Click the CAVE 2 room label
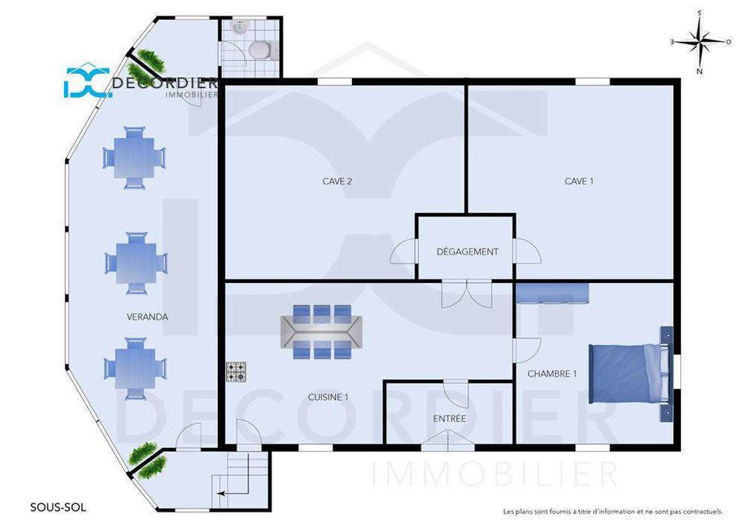pyautogui.click(x=337, y=181)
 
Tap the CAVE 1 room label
pyautogui.click(x=579, y=181)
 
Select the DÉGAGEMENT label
pyautogui.click(x=467, y=252)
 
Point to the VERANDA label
pyautogui.click(x=147, y=317)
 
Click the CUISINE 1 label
pyautogui.click(x=327, y=397)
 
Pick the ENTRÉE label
pyautogui.click(x=449, y=418)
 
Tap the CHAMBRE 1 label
pyautogui.click(x=552, y=373)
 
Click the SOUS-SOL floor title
pyautogui.click(x=58, y=508)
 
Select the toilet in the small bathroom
pyautogui.click(x=263, y=50)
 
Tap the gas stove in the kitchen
pyautogui.click(x=236, y=372)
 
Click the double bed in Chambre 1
pyautogui.click(x=631, y=373)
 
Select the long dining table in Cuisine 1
pyautogui.click(x=322, y=332)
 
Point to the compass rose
pyautogui.click(x=700, y=42)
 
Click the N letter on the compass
pyautogui.click(x=700, y=72)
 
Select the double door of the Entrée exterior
pyautogui.click(x=448, y=441)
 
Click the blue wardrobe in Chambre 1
pyautogui.click(x=552, y=293)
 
